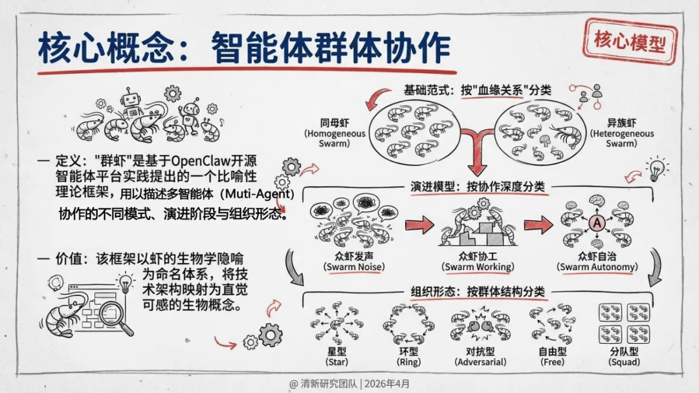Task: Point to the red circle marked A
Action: (x=596, y=224)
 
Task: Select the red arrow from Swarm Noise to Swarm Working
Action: (x=418, y=226)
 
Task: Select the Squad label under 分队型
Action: (x=624, y=362)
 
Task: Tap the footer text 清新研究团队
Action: (x=328, y=382)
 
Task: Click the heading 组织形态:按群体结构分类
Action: (x=478, y=292)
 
